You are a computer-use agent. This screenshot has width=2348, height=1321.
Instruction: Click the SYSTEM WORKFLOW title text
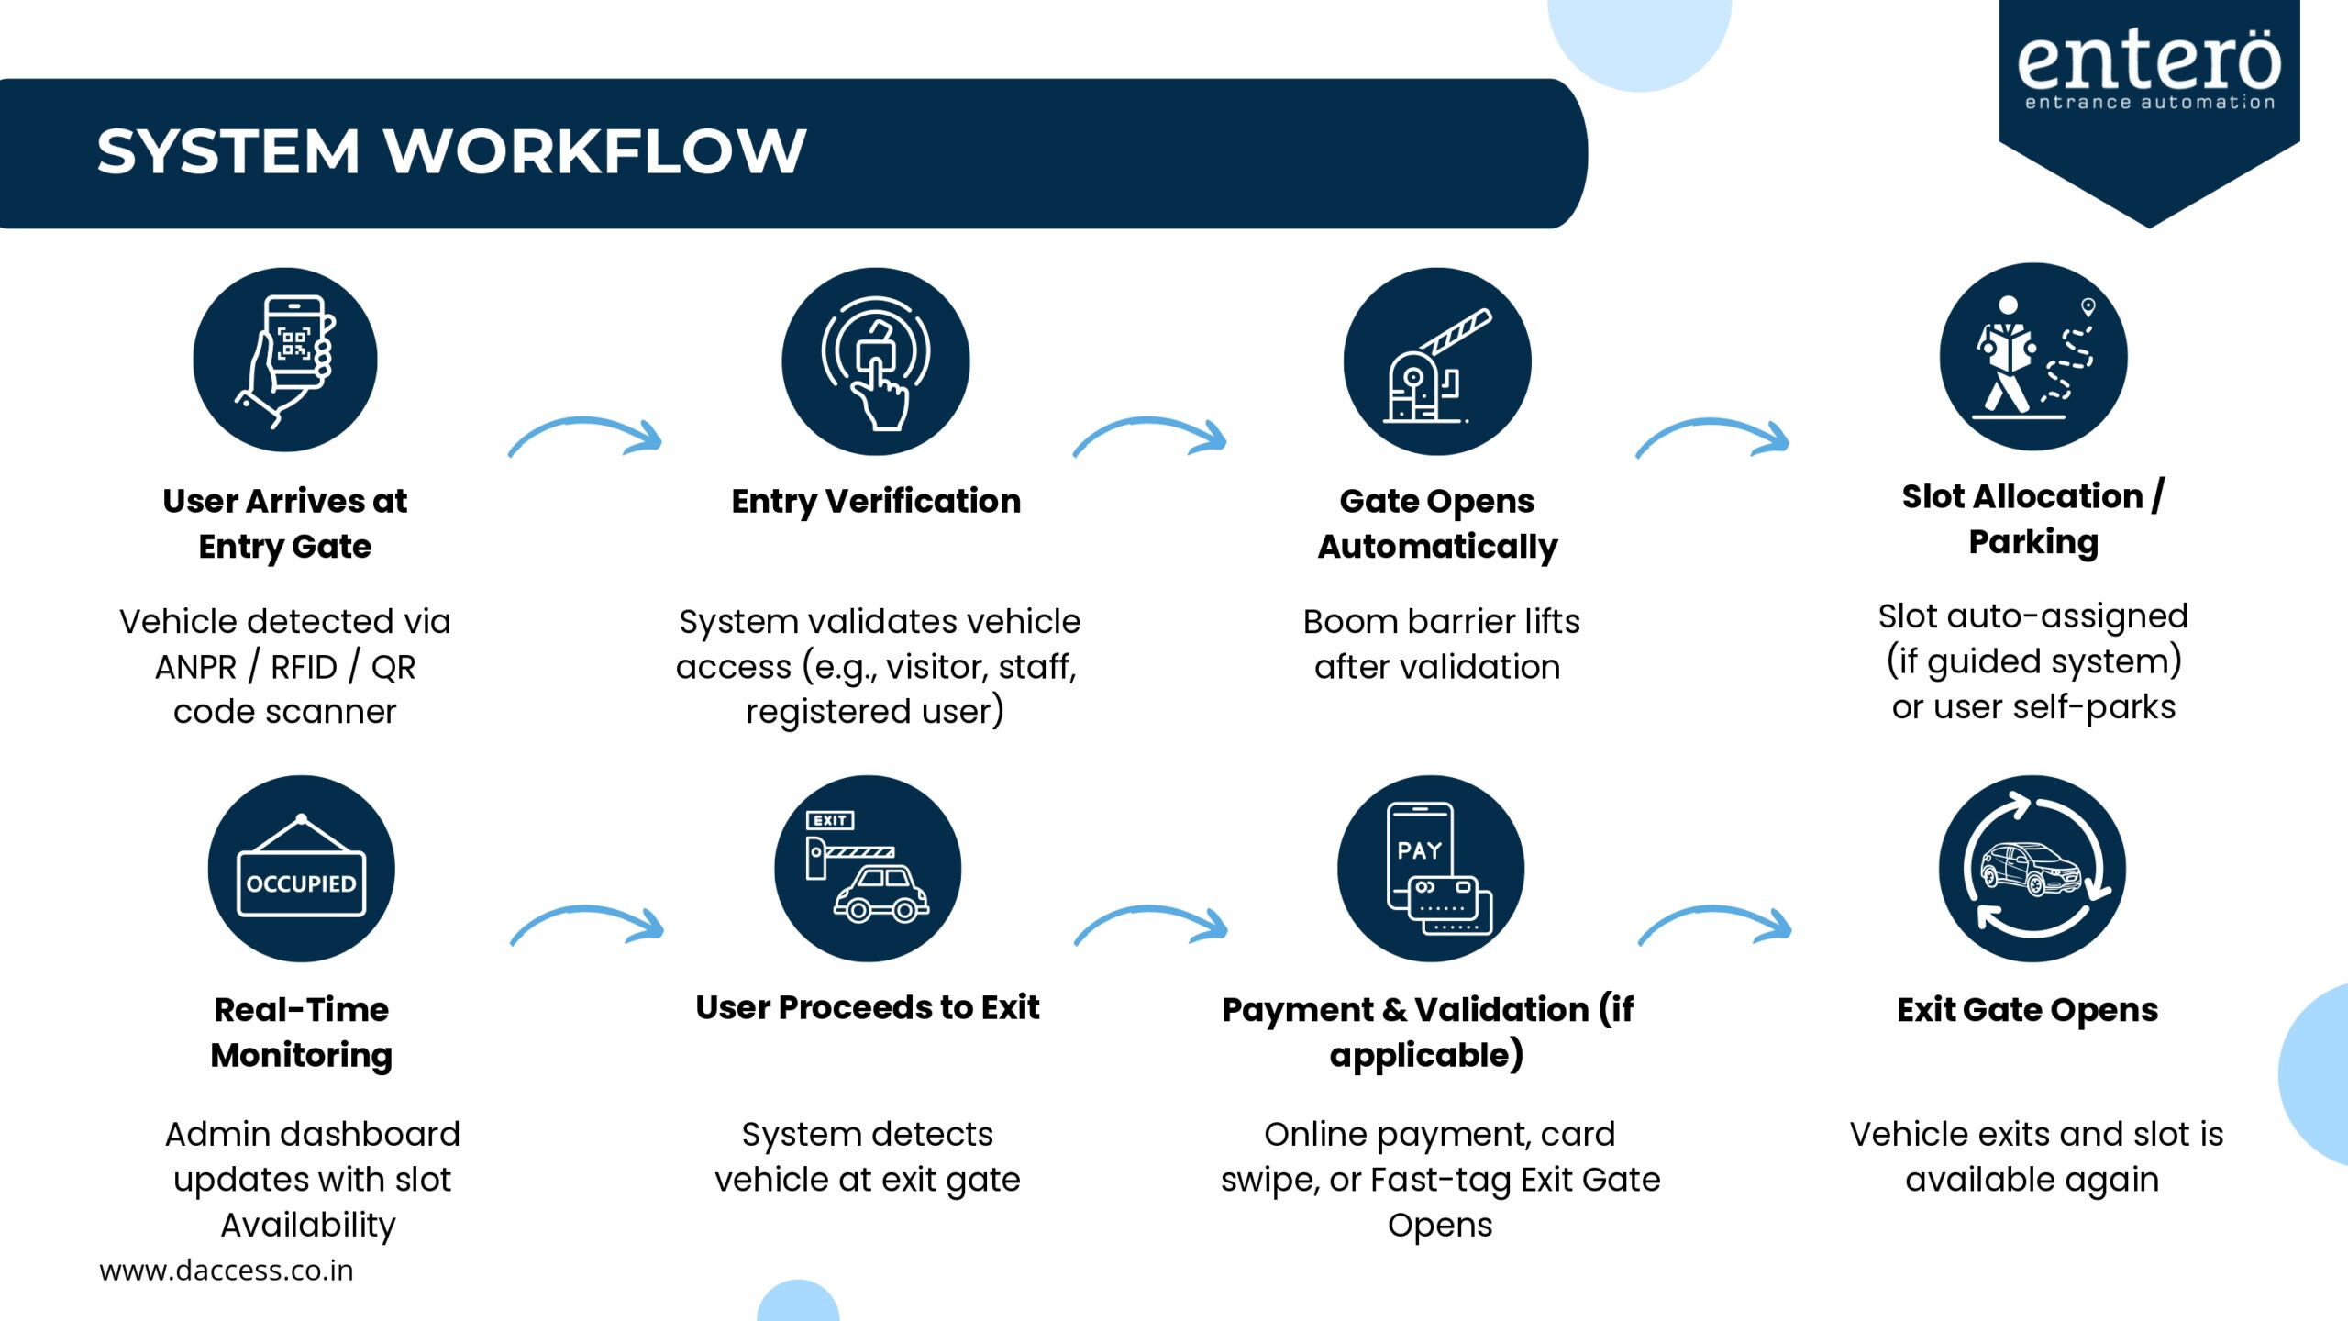click(451, 151)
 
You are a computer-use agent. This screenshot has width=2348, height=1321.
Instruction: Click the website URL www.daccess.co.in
click(226, 1271)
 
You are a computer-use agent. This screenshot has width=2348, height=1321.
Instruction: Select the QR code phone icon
click(285, 360)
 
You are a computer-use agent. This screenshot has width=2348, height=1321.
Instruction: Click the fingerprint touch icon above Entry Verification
click(876, 361)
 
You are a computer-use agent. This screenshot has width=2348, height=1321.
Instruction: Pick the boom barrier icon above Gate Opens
click(1437, 361)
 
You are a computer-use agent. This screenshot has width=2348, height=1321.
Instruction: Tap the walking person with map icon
click(2032, 357)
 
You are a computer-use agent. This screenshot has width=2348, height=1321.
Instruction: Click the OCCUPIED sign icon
click(301, 869)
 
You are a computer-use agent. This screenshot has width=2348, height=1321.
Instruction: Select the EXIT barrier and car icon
click(868, 869)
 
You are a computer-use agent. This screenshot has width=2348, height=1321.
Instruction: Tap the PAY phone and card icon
click(1431, 869)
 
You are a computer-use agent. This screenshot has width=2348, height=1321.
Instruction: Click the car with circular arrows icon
click(2032, 869)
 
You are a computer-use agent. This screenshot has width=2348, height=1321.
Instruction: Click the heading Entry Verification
click(876, 501)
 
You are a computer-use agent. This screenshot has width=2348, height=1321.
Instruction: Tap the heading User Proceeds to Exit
click(868, 1007)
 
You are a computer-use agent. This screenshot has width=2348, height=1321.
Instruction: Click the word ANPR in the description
click(195, 667)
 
